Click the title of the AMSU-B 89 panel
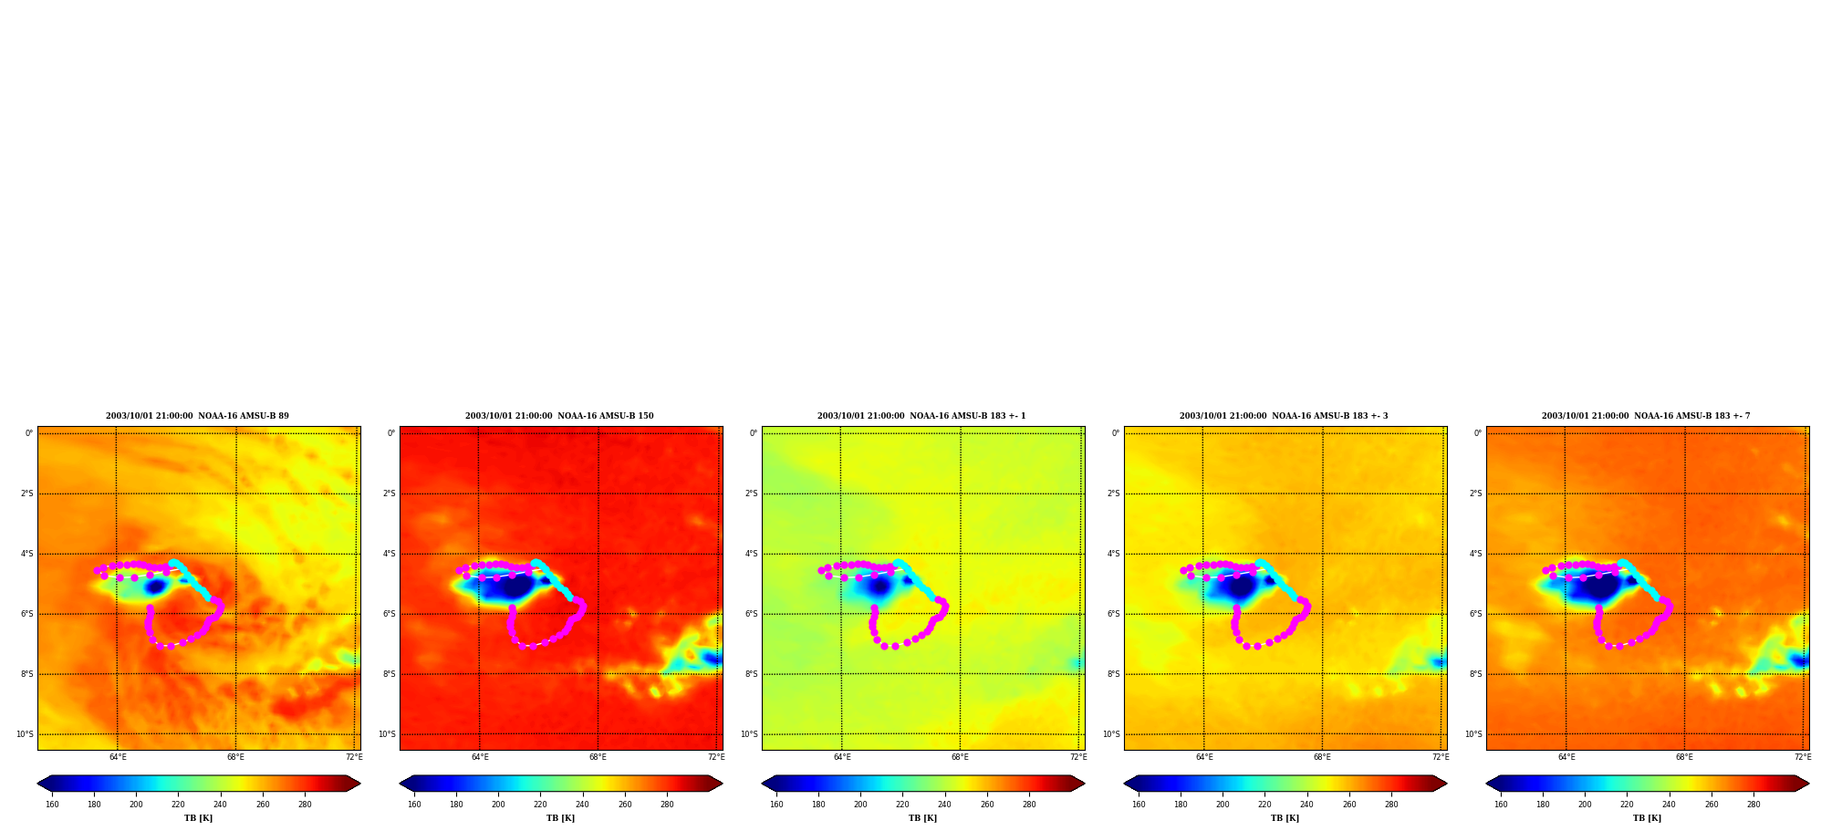[x=197, y=416]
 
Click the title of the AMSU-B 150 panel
[x=559, y=416]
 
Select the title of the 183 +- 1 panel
[x=921, y=416]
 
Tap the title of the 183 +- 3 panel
[x=1284, y=416]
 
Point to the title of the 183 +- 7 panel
[x=1646, y=416]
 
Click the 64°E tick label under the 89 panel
[x=118, y=757]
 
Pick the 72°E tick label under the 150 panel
[x=716, y=757]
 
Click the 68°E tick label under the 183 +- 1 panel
[x=960, y=757]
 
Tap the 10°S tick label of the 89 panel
[x=25, y=734]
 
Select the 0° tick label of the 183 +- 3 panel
[x=1116, y=433]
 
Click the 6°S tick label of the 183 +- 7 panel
[x=1475, y=614]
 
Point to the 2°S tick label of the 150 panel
[x=389, y=493]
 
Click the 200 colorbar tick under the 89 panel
[x=136, y=805]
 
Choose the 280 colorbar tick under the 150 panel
[x=667, y=805]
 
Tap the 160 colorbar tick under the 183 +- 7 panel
[x=1501, y=805]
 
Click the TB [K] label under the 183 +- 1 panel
[x=922, y=818]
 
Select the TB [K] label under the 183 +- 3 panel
[x=1285, y=818]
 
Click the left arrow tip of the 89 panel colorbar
[x=37, y=784]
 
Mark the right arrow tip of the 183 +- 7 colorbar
[x=1809, y=784]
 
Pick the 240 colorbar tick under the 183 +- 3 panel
[x=1306, y=805]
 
